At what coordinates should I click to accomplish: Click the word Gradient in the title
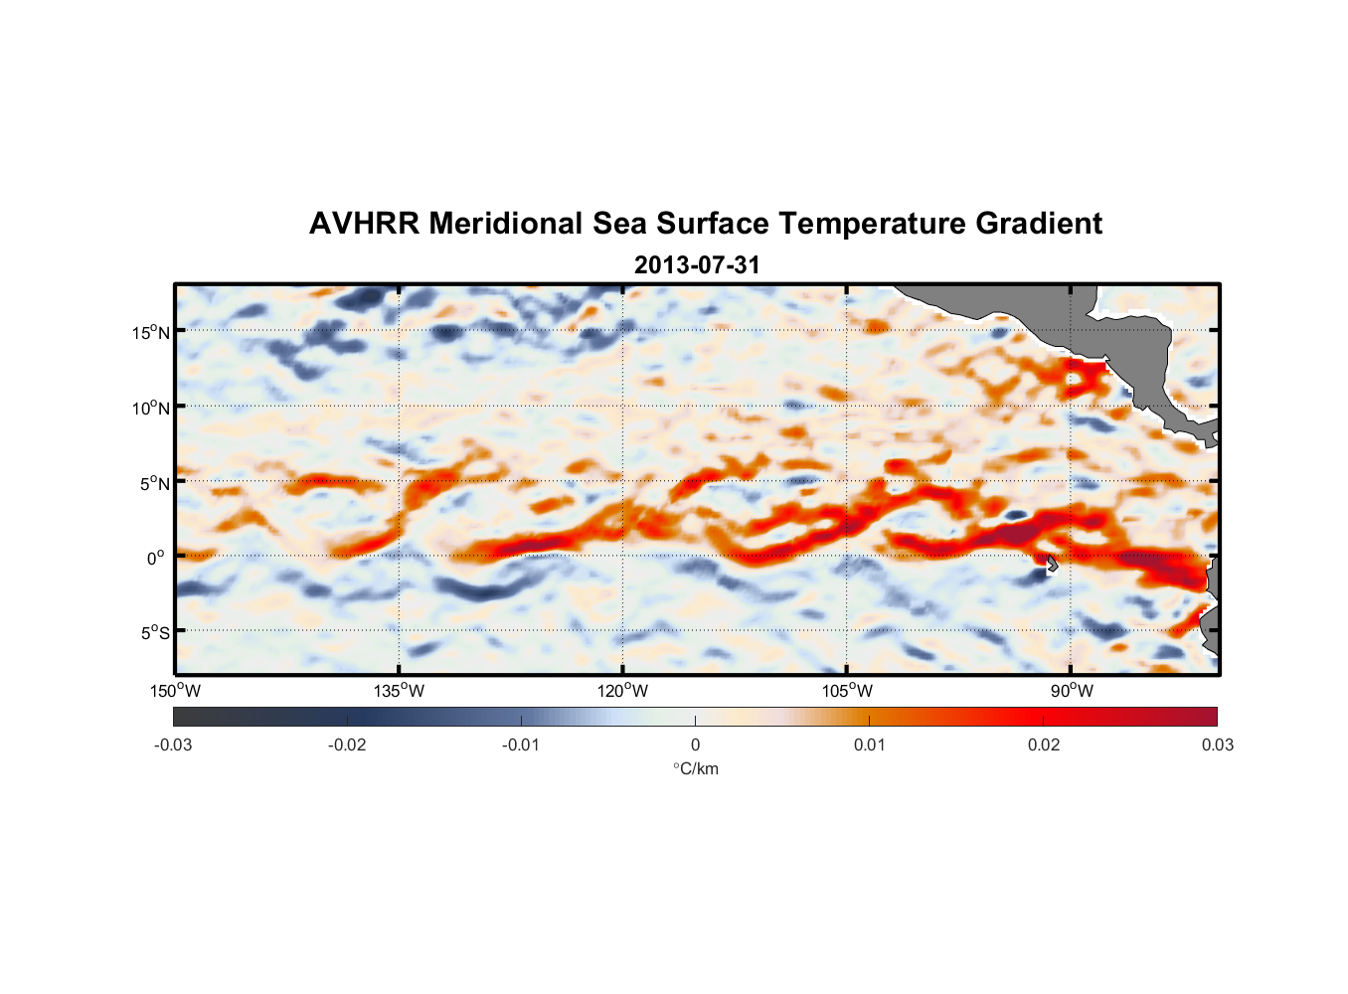coord(1039,224)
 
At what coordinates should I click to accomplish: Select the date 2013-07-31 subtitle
coord(697,265)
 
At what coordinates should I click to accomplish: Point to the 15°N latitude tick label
coord(151,332)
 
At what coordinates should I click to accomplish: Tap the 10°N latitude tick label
coord(151,408)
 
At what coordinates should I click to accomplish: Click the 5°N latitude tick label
coord(154,483)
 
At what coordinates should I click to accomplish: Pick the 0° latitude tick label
coord(156,558)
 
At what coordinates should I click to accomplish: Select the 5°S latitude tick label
coord(154,632)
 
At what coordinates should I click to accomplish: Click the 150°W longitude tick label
coord(176,691)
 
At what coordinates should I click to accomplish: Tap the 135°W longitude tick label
coord(400,691)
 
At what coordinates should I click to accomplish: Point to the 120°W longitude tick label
coord(623,691)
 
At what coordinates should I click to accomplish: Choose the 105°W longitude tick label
coord(847,691)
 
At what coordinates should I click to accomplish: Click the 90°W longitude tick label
coord(1072,691)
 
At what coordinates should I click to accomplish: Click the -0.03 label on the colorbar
coord(173,745)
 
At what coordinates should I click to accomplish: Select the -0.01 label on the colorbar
coord(521,745)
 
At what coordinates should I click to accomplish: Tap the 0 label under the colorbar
coord(695,745)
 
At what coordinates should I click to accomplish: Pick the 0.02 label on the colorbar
coord(1044,745)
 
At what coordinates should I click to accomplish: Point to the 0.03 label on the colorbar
coord(1217,745)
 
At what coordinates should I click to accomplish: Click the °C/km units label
coord(696,768)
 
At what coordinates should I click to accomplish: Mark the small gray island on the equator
coord(1051,563)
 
